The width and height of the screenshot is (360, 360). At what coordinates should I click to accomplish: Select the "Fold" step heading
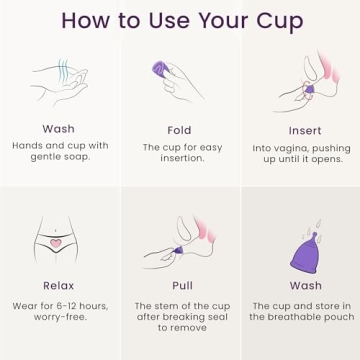(179, 130)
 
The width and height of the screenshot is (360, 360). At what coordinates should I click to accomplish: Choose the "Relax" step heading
(59, 285)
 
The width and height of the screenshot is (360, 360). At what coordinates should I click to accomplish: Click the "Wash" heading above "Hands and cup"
(59, 130)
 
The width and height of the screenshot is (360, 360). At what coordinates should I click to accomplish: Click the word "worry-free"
(59, 317)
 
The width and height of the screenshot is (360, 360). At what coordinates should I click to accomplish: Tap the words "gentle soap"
(59, 158)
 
